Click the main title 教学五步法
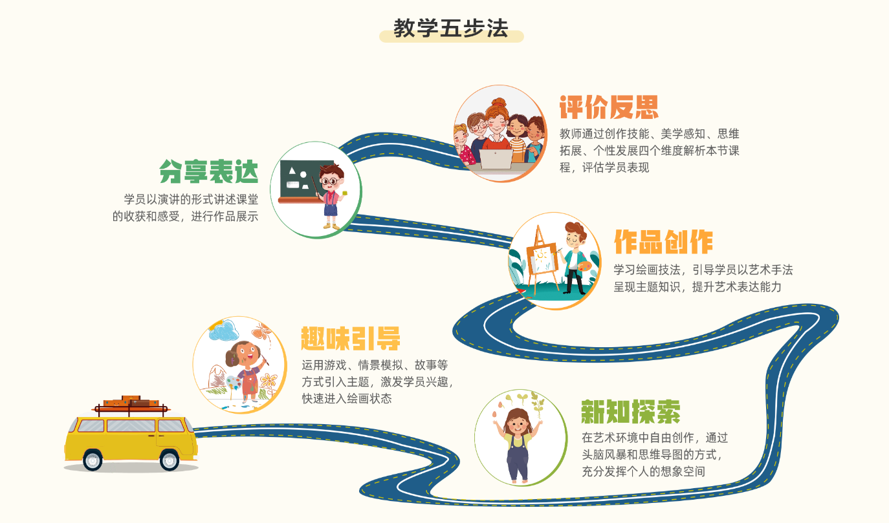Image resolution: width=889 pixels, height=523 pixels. (451, 28)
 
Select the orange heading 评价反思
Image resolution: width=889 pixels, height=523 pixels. (609, 107)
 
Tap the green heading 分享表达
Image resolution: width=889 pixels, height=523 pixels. (209, 172)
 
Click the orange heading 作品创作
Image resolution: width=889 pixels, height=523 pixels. (663, 242)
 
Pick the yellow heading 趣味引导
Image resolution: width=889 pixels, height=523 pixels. (351, 338)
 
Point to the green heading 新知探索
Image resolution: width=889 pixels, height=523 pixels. (631, 412)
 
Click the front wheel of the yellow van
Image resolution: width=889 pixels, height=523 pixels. (170, 460)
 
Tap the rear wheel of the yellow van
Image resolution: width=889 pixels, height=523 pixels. (93, 460)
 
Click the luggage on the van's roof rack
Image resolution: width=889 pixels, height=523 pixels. (131, 401)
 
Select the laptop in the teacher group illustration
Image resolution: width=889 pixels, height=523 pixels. (496, 159)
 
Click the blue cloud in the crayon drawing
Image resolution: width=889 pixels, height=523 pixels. (224, 331)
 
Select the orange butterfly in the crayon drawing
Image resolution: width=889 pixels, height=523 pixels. (261, 331)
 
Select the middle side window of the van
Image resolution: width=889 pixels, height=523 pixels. (131, 425)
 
